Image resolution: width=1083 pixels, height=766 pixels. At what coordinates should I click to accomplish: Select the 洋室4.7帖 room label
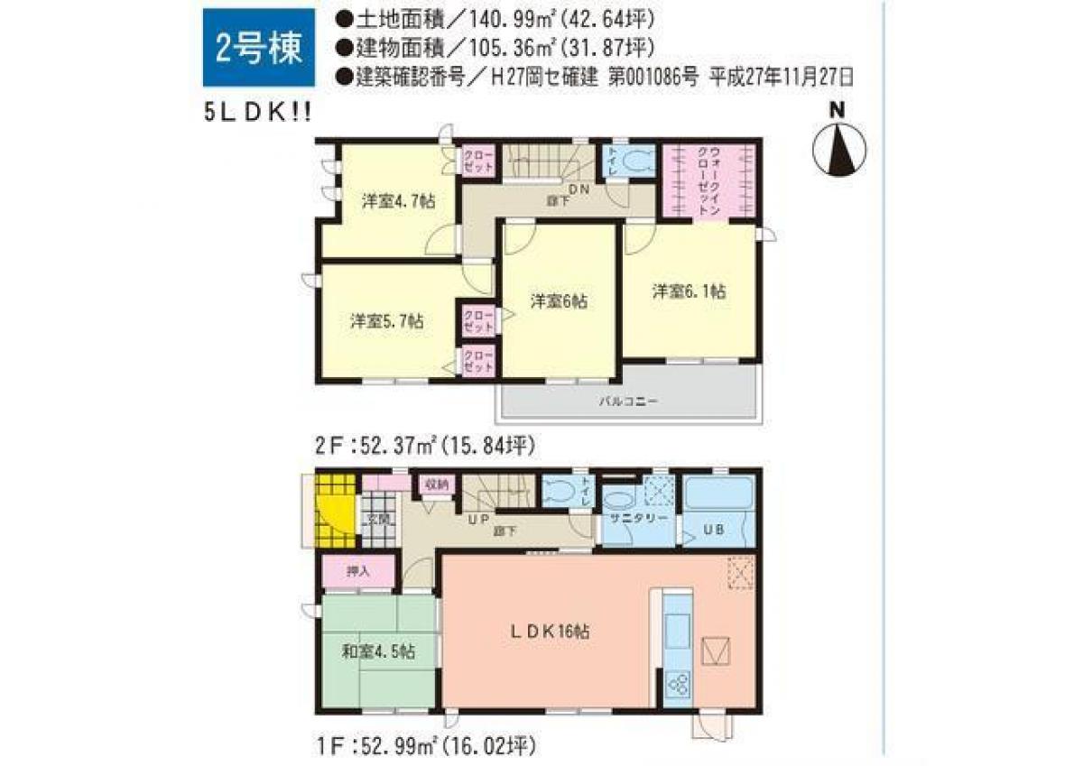tap(398, 202)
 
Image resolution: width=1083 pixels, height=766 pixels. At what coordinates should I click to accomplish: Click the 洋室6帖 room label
tap(559, 302)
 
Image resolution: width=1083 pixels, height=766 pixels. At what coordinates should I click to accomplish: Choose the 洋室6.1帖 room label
tap(690, 291)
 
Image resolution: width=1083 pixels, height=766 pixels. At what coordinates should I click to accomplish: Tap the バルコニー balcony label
tap(629, 402)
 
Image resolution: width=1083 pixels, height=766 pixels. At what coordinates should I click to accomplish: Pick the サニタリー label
tap(636, 520)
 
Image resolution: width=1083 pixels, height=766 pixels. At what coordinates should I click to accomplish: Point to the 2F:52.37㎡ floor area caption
tap(424, 445)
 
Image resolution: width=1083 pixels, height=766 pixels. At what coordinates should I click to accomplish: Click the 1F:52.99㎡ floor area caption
tap(424, 745)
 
